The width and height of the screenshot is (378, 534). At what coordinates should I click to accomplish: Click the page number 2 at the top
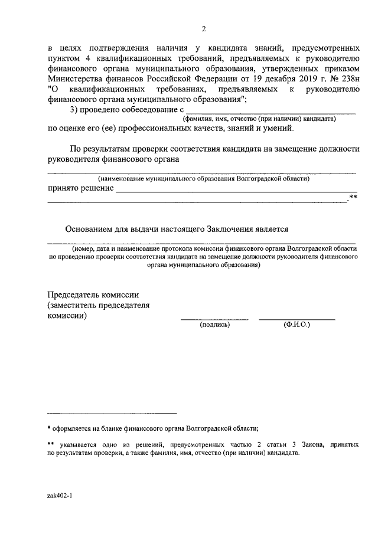point(204,29)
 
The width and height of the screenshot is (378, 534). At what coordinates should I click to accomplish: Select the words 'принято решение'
point(80,188)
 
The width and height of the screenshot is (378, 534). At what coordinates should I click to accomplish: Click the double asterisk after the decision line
point(353,197)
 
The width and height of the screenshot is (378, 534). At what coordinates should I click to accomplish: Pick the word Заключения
point(226,230)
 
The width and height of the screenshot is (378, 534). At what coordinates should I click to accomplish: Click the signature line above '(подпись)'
point(214,319)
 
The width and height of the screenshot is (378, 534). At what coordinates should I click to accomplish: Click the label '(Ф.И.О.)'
point(296,325)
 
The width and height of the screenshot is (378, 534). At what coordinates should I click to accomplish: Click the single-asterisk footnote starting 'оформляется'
point(154,429)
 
